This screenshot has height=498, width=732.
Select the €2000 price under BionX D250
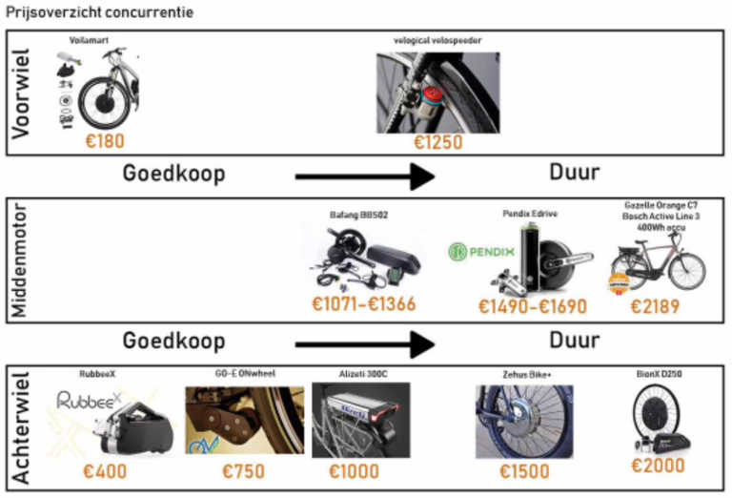[x=659, y=466]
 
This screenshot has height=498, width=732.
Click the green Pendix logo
[x=481, y=254]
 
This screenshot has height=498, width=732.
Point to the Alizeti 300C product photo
[x=360, y=421]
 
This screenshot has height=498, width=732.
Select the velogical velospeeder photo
[x=437, y=93]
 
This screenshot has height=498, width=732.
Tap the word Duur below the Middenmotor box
[x=574, y=340]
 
